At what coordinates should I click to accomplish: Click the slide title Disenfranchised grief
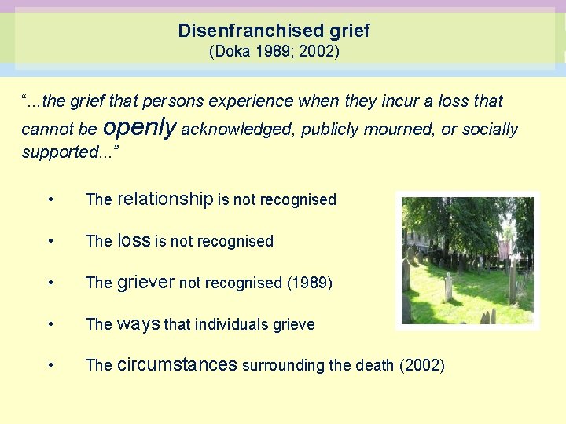pyautogui.click(x=274, y=31)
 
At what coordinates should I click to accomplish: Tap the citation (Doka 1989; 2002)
pyautogui.click(x=274, y=53)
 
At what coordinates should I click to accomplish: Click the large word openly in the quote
pyautogui.click(x=139, y=127)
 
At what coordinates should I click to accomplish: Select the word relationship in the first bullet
pyautogui.click(x=165, y=199)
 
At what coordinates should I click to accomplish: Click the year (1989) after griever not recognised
pyautogui.click(x=309, y=283)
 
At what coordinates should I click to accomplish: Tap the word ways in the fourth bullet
pyautogui.click(x=138, y=324)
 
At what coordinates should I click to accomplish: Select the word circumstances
pyautogui.click(x=177, y=365)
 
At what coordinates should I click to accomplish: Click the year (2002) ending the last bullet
pyautogui.click(x=422, y=365)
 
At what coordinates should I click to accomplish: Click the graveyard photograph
pyautogui.click(x=467, y=260)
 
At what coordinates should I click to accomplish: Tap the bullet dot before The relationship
pyautogui.click(x=50, y=200)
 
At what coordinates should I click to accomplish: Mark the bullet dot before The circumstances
pyautogui.click(x=50, y=366)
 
